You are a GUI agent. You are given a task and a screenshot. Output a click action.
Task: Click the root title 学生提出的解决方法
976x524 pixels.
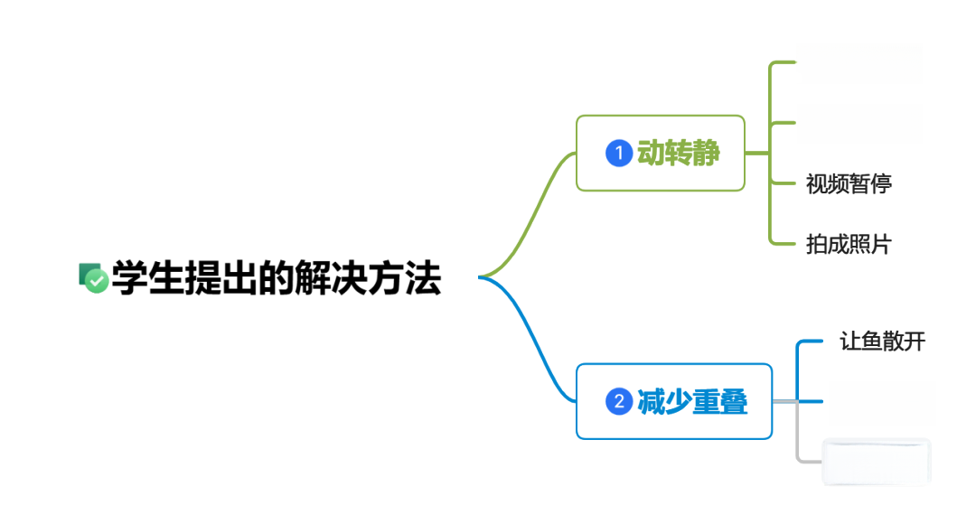point(277,278)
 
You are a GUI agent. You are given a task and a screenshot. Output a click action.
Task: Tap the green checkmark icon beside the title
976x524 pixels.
point(93,277)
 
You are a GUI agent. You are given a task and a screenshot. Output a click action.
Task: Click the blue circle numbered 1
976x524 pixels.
point(619,153)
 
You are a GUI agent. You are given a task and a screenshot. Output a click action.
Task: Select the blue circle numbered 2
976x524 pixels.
point(619,401)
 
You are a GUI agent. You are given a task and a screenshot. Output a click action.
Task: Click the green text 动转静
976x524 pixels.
point(679,153)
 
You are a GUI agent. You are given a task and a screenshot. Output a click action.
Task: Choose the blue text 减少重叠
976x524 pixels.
point(692,401)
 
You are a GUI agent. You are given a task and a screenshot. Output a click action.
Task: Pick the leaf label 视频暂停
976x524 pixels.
point(849,183)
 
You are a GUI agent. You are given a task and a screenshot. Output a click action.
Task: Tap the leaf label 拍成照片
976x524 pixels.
point(849,244)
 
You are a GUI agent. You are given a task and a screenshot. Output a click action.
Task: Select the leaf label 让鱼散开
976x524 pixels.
point(883,341)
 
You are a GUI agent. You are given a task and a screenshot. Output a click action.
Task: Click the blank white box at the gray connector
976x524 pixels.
point(877,461)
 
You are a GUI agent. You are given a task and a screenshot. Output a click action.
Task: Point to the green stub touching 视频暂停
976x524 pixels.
point(783,183)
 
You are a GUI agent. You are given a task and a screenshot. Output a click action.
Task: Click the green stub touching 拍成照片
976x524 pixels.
point(783,243)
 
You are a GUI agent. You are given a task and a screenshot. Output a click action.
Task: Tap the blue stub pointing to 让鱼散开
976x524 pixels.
point(810,341)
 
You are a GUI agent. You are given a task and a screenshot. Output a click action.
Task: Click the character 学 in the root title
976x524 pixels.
point(130,278)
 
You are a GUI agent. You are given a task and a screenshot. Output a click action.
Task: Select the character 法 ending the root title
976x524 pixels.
point(423,278)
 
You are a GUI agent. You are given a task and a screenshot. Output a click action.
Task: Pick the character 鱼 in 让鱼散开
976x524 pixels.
point(872,341)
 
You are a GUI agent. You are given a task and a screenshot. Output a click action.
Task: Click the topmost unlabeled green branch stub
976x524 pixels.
point(783,62)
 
